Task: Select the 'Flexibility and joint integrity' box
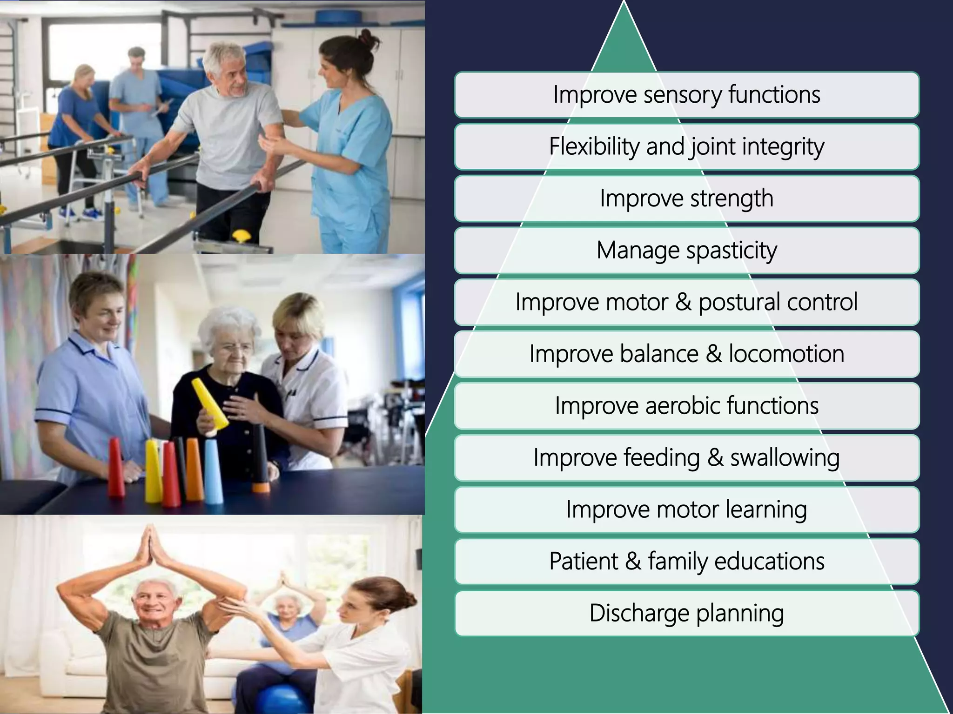point(686,147)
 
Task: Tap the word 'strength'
point(732,199)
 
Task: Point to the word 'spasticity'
point(732,251)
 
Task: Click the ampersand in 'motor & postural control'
point(683,302)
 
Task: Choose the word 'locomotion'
point(786,354)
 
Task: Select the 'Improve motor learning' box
point(686,509)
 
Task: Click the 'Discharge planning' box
point(686,613)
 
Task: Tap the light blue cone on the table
point(213,472)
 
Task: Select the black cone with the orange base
point(260,458)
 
